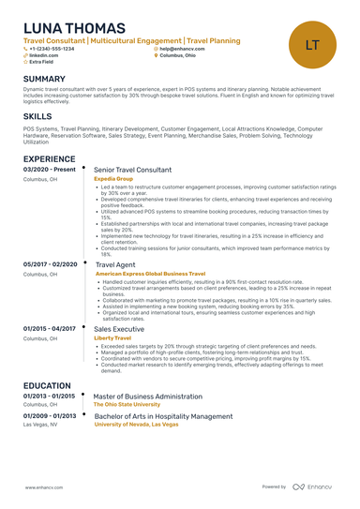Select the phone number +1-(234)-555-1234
point(53,49)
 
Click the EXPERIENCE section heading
point(49,159)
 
